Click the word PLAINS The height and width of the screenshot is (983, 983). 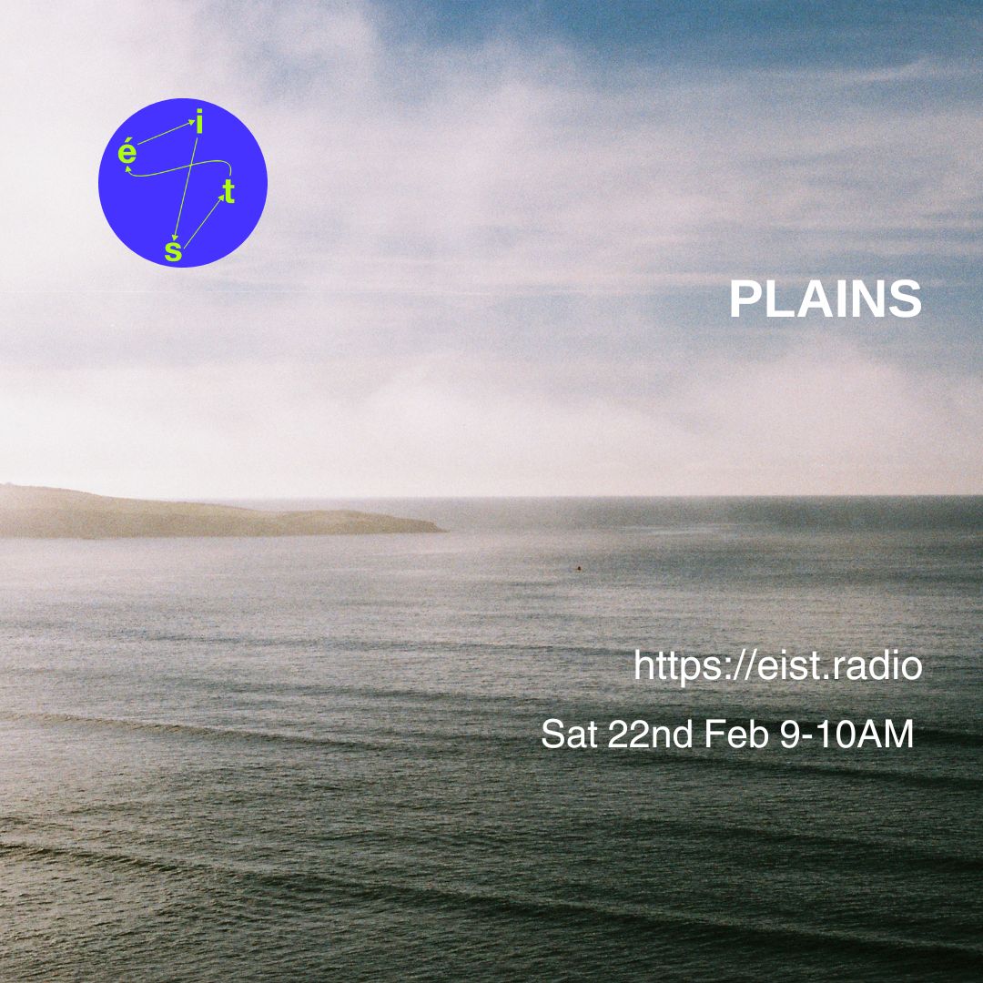825,299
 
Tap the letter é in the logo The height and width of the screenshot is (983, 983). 127,154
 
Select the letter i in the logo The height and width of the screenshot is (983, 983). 198,127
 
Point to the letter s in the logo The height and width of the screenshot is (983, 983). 173,250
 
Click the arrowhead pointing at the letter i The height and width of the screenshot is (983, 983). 186,128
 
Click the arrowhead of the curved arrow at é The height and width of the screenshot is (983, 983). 128,168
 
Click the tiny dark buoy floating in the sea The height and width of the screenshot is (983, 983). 578,571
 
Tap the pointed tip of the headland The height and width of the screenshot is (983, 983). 442,529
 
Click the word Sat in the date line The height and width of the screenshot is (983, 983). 569,735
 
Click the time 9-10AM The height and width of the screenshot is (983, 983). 846,735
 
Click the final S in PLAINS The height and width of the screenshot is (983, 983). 906,299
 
